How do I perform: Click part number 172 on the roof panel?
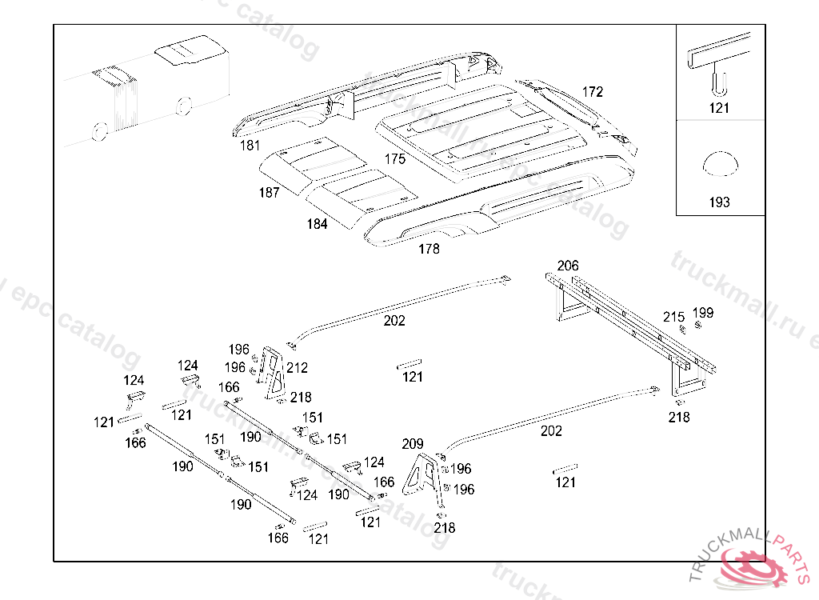click(592, 92)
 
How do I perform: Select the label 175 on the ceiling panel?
click(394, 159)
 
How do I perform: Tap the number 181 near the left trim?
click(250, 146)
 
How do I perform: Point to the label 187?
click(269, 192)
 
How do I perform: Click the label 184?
click(317, 224)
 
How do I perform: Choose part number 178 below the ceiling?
click(429, 249)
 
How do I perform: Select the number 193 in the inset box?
click(719, 202)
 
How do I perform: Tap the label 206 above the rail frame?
click(568, 266)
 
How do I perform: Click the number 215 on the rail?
click(673, 317)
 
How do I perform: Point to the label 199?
click(703, 313)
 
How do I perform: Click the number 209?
click(413, 444)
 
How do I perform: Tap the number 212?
click(298, 368)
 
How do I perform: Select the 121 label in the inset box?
click(719, 108)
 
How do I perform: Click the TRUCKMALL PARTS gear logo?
click(752, 566)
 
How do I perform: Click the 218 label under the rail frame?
click(679, 417)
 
